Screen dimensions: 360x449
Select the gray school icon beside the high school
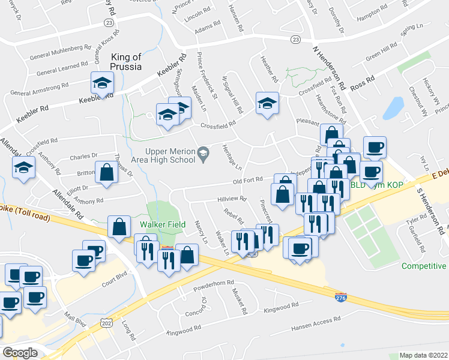point(203,154)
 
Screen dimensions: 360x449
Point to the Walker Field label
point(161,225)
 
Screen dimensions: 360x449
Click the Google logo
point(19,353)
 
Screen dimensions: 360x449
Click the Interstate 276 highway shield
point(340,296)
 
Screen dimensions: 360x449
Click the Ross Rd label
point(362,82)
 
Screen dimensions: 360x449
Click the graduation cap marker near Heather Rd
point(267,103)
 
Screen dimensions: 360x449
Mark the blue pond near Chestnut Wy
point(393,108)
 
